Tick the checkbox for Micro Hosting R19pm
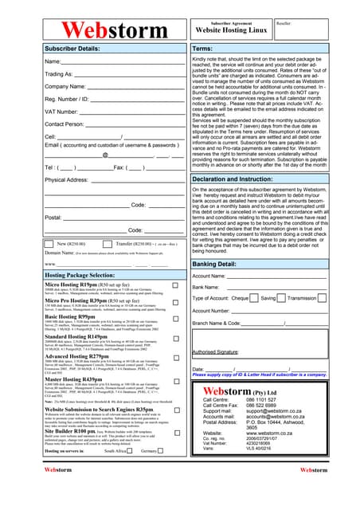(176, 284)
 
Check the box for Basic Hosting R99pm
(176, 317)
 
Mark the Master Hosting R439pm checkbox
(176, 380)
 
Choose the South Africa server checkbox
(132, 450)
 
